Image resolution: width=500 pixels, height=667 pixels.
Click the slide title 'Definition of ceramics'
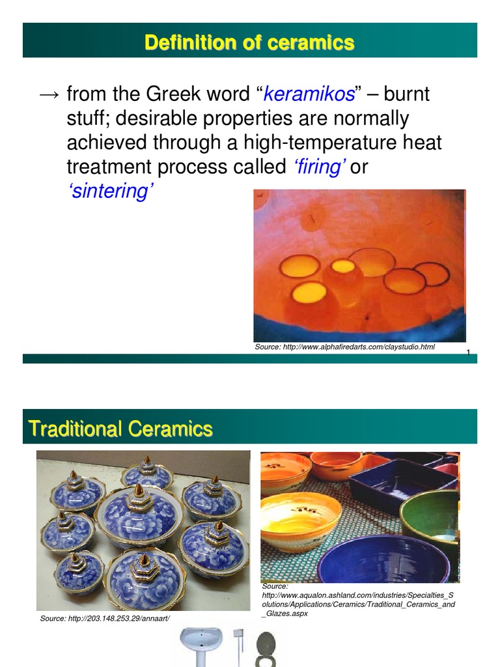pyautogui.click(x=249, y=43)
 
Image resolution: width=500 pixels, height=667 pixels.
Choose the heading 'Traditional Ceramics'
pyautogui.click(x=120, y=429)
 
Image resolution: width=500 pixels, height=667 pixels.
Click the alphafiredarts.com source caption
pyautogui.click(x=344, y=347)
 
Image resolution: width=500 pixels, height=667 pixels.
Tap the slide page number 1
pyautogui.click(x=468, y=352)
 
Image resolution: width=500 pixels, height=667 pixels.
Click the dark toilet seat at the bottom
pyautogui.click(x=265, y=647)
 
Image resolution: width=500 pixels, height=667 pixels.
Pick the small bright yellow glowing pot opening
pyautogui.click(x=342, y=266)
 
